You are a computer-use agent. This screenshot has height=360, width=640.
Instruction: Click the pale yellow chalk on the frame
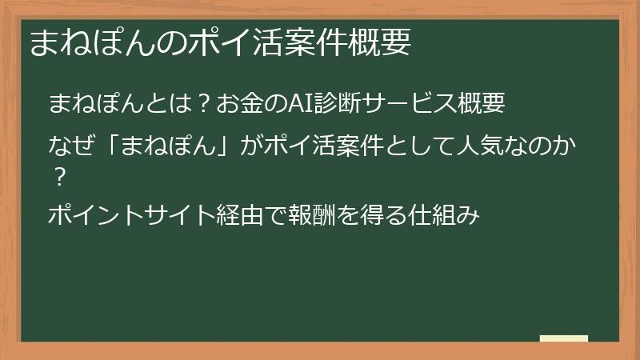pos(563,339)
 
